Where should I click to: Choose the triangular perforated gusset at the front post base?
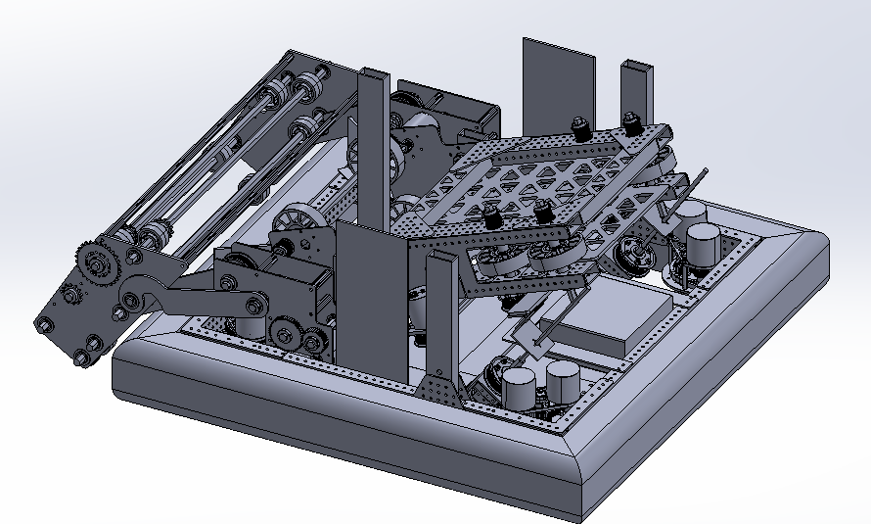[x=439, y=386]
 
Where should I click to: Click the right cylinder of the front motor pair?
[x=564, y=382]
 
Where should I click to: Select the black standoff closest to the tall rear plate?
[x=578, y=127]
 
